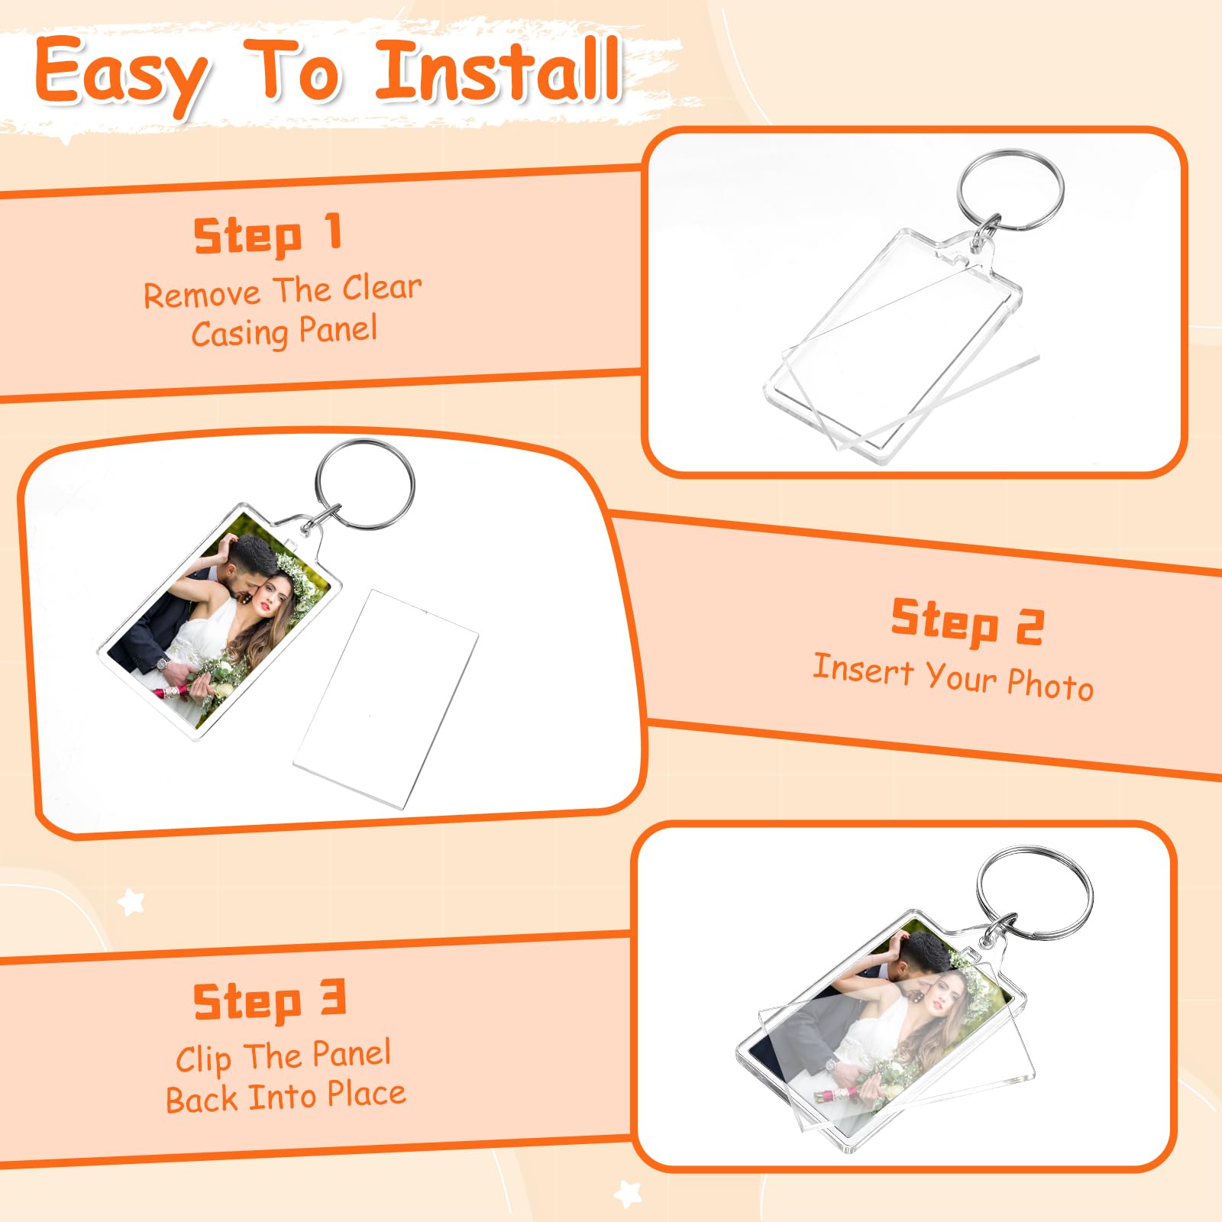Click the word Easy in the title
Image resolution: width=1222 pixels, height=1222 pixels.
point(122,74)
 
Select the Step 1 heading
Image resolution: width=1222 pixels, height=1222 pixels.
point(267,234)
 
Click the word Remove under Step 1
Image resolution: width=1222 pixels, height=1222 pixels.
point(202,295)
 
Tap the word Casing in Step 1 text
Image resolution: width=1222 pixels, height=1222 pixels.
point(240,333)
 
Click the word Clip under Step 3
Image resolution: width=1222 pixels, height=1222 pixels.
point(203,1059)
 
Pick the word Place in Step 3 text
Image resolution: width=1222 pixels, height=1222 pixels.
point(367,1094)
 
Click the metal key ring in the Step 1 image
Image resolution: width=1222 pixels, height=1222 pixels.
point(1010,190)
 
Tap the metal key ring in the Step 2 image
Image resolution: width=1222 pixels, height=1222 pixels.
point(365,484)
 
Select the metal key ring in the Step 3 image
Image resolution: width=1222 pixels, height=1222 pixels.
point(1035,892)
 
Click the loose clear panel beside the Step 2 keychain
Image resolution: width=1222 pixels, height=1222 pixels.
point(386,698)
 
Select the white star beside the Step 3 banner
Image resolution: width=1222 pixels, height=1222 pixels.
point(131,902)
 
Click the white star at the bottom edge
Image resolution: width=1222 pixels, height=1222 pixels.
point(628,1194)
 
